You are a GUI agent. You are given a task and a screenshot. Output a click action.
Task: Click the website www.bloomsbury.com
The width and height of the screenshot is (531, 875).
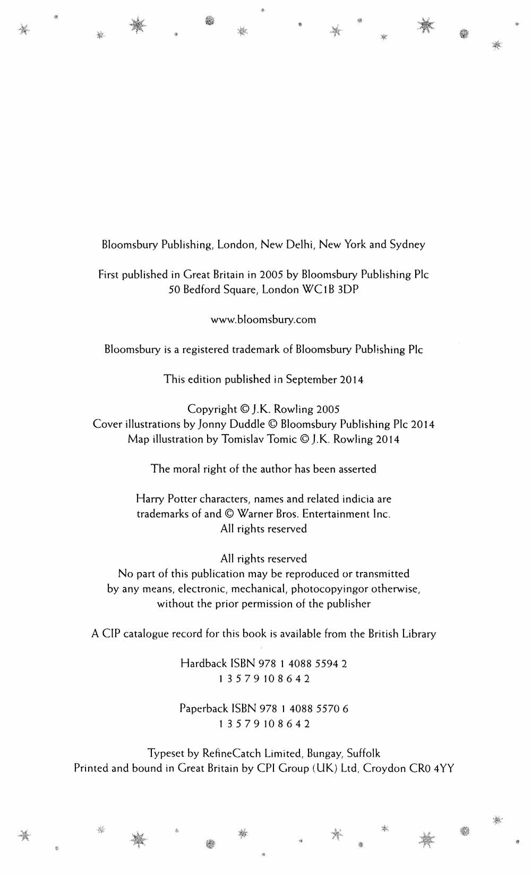(263, 319)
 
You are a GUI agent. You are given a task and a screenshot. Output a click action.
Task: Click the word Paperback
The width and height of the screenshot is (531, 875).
(203, 709)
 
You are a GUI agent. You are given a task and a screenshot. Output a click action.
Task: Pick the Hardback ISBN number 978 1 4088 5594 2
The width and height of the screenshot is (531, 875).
(303, 664)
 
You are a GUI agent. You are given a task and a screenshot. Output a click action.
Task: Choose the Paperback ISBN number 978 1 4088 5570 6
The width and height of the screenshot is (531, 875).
(303, 709)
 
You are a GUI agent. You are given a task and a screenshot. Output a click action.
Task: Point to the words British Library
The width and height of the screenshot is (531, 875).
(402, 634)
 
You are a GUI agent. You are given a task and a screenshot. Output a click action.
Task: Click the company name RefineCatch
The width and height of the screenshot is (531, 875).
(231, 753)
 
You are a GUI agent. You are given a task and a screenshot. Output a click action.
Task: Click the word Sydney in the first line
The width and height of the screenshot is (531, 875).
(407, 245)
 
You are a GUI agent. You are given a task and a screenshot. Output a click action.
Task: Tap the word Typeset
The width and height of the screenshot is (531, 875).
(166, 753)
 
